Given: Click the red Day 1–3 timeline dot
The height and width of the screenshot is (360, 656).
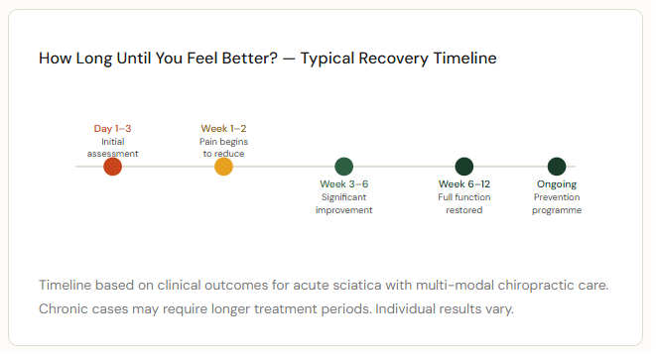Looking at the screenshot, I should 112,167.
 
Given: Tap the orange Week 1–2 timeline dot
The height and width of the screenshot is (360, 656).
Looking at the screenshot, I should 223,167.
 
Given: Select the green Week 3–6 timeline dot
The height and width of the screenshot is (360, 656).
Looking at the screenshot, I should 343,167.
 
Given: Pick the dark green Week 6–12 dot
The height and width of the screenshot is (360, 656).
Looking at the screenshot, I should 463,167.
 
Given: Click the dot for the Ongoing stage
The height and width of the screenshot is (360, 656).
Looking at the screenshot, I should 557,167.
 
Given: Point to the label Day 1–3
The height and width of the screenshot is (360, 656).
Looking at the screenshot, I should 112,129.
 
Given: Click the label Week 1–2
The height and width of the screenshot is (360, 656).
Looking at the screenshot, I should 223,129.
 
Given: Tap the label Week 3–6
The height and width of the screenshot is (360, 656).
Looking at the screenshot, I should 343,184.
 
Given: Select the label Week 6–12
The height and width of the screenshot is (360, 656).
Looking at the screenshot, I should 463,184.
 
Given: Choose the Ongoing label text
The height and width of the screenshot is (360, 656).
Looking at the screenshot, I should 557,184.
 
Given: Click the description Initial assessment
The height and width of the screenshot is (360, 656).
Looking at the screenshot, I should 112,148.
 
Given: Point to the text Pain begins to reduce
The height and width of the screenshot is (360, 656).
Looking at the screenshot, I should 223,148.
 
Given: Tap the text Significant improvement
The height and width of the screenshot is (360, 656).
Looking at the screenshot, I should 343,203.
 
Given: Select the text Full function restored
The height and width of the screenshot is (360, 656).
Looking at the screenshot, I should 463,203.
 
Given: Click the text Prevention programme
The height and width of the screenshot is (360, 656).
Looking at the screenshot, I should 557,203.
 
